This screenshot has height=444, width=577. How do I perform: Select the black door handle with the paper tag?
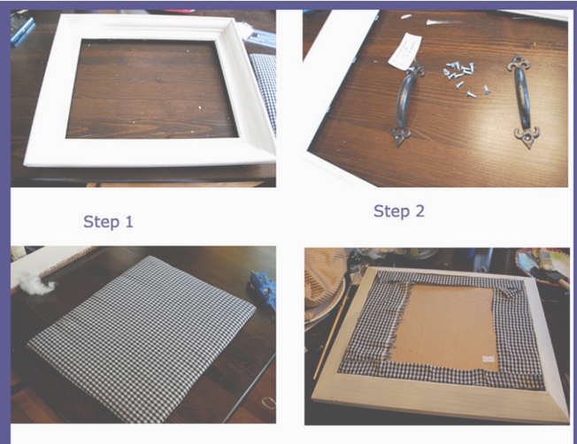[406, 103]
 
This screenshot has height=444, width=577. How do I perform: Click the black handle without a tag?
[523, 101]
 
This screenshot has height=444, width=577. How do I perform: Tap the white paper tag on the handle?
[404, 51]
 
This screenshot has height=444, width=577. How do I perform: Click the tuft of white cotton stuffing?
[37, 284]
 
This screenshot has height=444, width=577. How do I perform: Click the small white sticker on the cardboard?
[489, 358]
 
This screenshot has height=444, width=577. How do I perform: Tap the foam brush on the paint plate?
[552, 276]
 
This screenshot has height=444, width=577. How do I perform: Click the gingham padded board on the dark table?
[142, 338]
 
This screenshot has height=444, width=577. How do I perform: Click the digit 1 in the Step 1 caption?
[129, 222]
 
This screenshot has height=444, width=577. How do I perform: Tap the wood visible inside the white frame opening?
[151, 88]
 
